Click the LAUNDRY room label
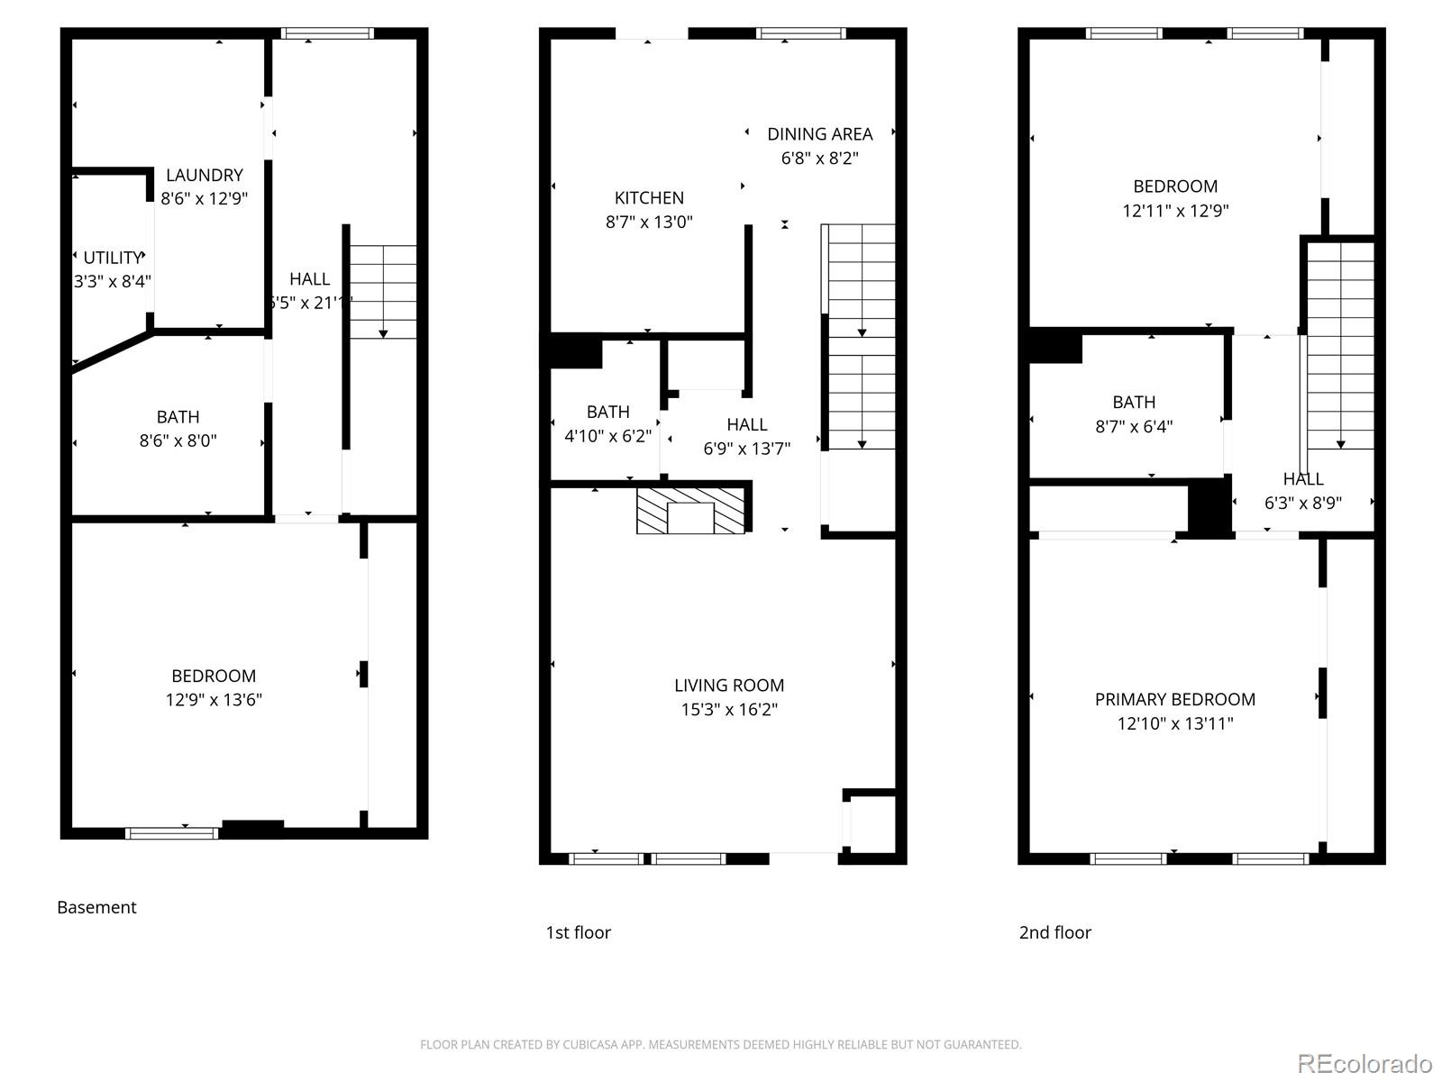(205, 175)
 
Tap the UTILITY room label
(112, 258)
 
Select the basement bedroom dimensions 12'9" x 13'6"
(214, 700)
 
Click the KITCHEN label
(649, 197)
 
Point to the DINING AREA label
(819, 134)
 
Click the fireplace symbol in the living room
(691, 511)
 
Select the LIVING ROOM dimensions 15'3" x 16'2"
(729, 709)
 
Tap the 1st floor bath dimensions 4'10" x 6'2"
(607, 436)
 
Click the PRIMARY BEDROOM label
(1174, 699)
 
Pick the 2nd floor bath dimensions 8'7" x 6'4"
(1134, 427)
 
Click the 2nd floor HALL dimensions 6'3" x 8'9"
(1302, 504)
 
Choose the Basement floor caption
(96, 907)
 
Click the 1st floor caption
(578, 932)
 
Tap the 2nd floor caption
(1054, 932)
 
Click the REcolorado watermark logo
(1364, 1064)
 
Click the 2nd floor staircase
(1340, 347)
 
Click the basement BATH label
(178, 417)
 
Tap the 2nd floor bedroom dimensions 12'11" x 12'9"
(1175, 211)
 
